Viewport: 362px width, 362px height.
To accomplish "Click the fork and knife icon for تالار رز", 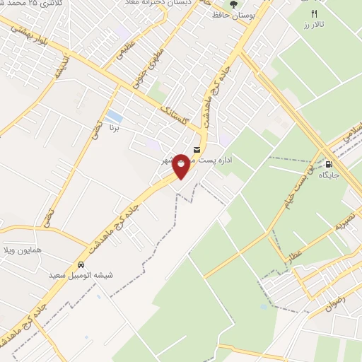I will point(315,13).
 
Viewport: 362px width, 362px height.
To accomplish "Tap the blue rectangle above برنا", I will point(112,115).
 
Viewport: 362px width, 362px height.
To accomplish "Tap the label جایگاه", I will point(329,174).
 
